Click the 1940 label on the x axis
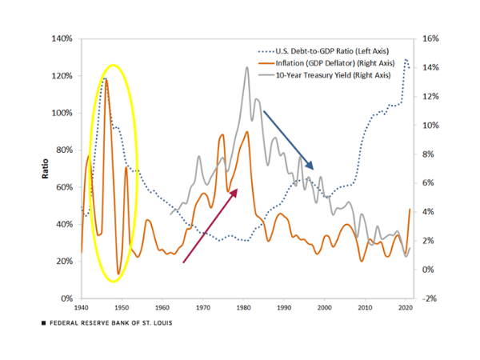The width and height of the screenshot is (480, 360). tap(81, 307)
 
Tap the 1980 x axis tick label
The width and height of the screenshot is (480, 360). tap(243, 307)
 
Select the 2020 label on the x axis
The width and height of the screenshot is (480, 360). tap(406, 307)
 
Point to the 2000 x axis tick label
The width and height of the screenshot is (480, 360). tap(325, 307)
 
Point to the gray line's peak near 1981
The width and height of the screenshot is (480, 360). tap(246, 68)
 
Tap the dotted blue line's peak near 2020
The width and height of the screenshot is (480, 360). tap(406, 59)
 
